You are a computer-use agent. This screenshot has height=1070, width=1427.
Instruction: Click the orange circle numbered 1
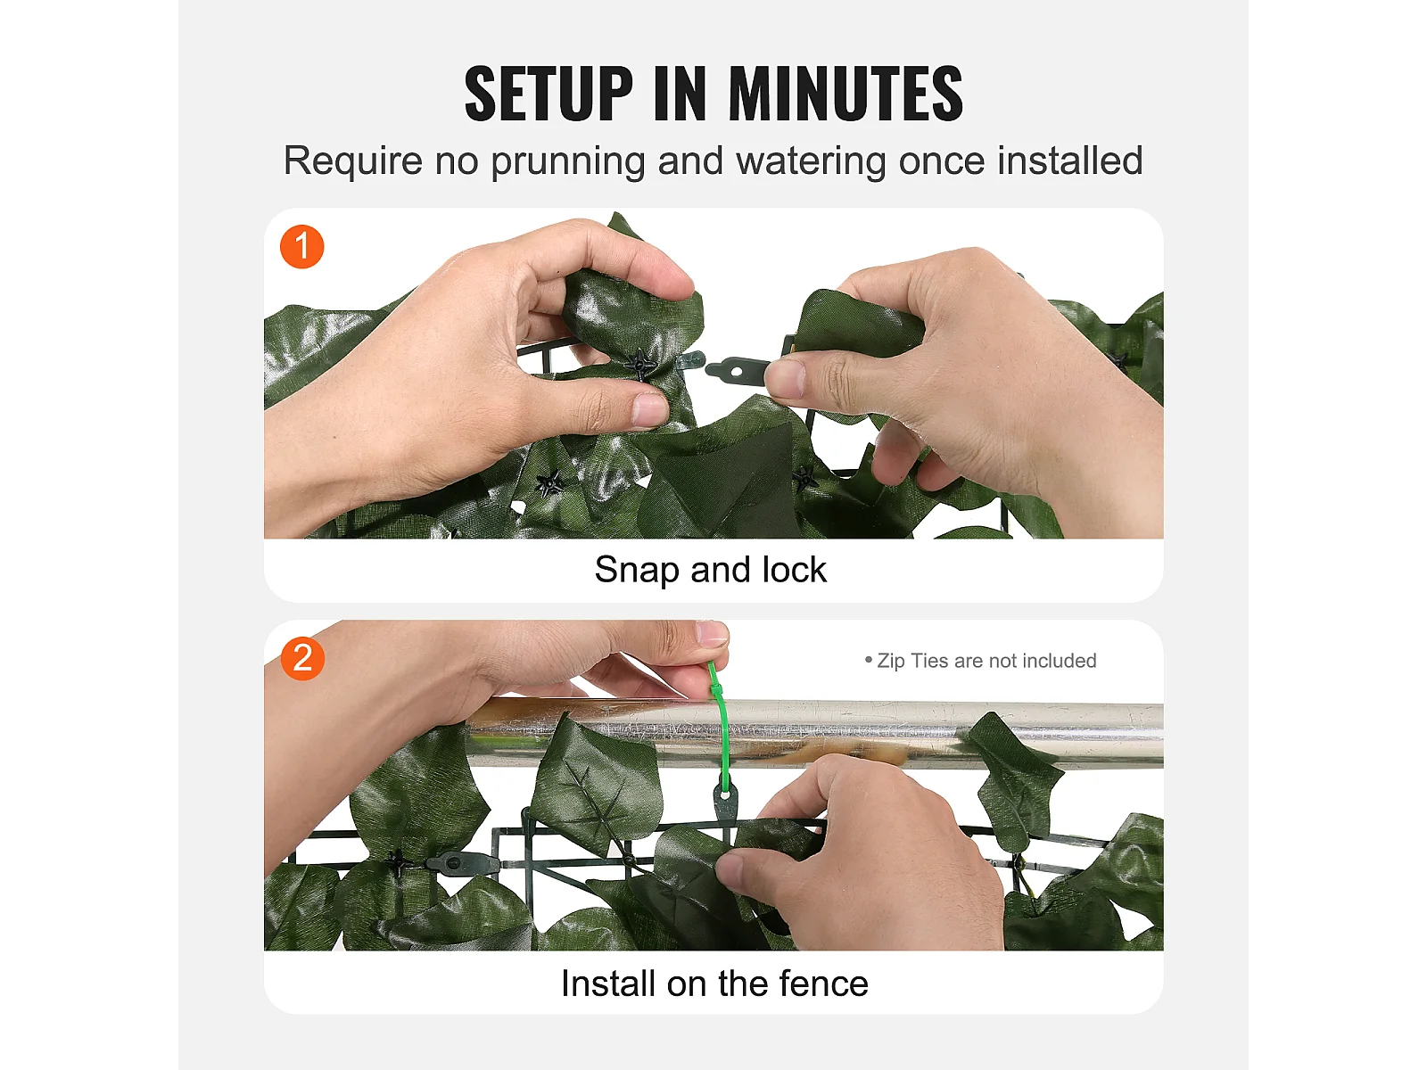pos(301,247)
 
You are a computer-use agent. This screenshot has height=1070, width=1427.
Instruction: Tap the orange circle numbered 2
pos(302,658)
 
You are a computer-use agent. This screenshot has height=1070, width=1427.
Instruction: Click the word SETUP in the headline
pos(548,94)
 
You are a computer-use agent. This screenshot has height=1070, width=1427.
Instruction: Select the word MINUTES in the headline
pos(845,94)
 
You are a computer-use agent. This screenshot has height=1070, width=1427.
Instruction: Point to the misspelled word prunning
pos(567,161)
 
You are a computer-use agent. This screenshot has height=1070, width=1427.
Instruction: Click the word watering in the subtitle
pos(811,161)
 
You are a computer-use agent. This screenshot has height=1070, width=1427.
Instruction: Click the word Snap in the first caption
pos(637,571)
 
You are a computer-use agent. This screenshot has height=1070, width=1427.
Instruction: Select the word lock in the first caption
pos(794,569)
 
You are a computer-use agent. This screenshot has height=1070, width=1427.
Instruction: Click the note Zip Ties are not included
pos(980,661)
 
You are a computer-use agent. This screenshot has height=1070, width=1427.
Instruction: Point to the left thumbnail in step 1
pos(649,410)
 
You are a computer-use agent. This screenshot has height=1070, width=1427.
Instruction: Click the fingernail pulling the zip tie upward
pos(711,633)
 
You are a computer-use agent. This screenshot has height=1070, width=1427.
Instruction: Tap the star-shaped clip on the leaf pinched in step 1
pos(640,365)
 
